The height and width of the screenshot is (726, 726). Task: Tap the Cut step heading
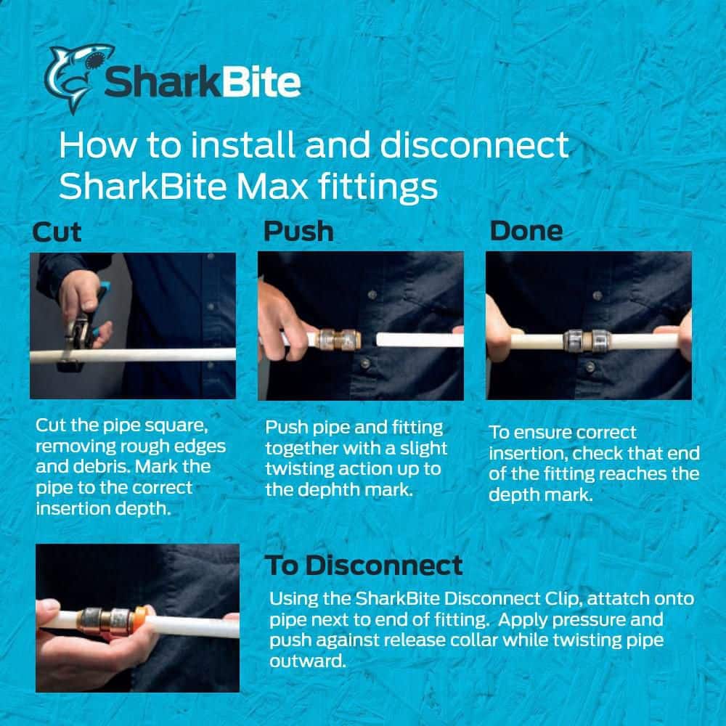pyautogui.click(x=57, y=232)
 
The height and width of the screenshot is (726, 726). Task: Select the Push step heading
pyautogui.click(x=298, y=231)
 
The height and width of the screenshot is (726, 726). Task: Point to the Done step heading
pyautogui.click(x=526, y=231)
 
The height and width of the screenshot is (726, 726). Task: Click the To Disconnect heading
pyautogui.click(x=364, y=565)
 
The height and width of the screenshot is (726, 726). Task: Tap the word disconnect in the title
pyautogui.click(x=475, y=145)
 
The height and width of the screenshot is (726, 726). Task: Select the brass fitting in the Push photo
pyautogui.click(x=339, y=339)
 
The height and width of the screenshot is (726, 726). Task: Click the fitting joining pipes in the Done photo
pyautogui.click(x=587, y=340)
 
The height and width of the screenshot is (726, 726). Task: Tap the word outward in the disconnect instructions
pyautogui.click(x=307, y=661)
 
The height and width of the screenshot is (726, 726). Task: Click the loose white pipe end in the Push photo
pyautogui.click(x=420, y=339)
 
